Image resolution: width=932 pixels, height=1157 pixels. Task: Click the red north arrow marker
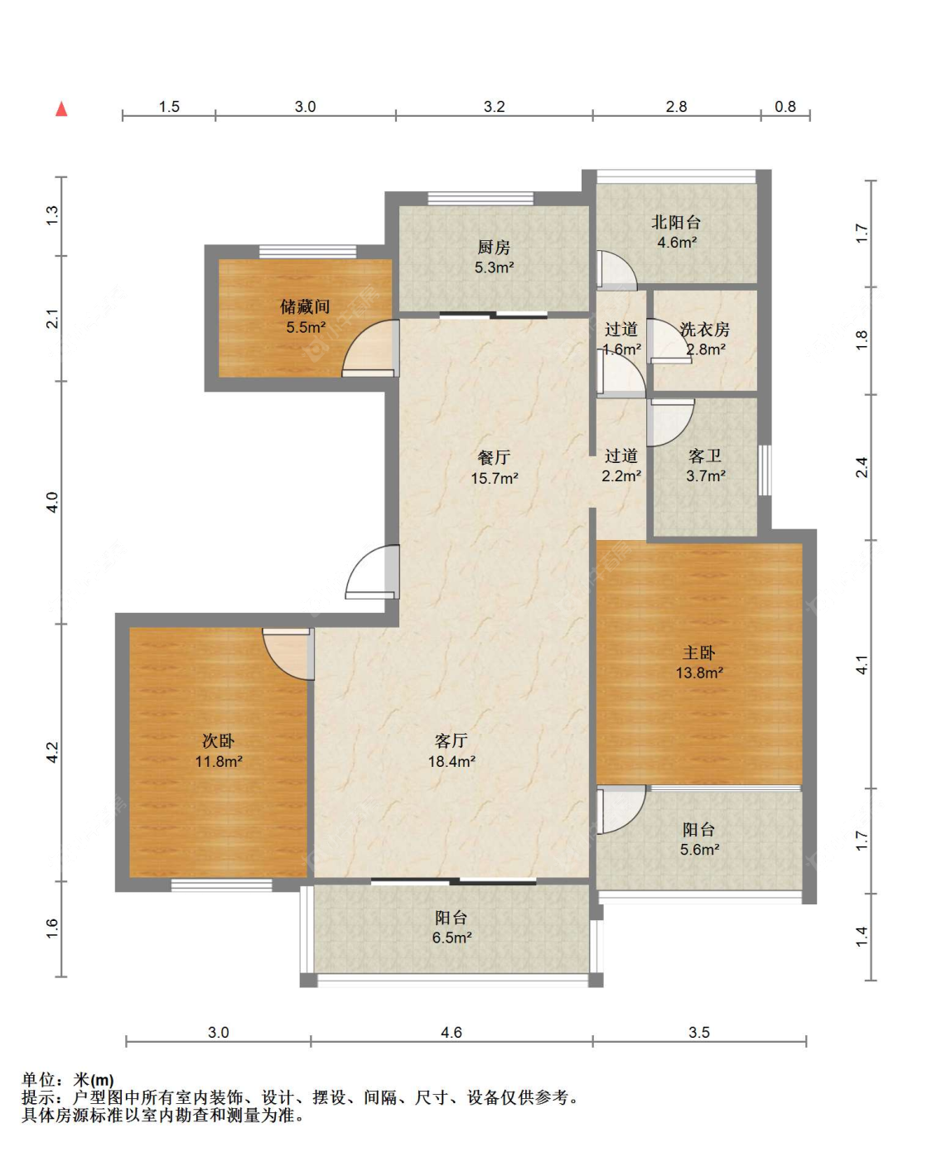tap(62, 108)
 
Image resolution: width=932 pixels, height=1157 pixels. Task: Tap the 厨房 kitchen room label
tap(493, 247)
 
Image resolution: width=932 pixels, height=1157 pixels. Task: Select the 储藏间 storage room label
tap(305, 306)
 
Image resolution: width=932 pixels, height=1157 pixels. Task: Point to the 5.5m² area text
tap(306, 327)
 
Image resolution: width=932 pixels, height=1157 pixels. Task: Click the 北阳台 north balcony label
tap(676, 222)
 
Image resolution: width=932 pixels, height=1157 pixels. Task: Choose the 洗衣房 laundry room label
tap(704, 329)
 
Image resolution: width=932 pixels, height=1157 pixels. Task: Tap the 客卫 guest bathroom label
tap(704, 456)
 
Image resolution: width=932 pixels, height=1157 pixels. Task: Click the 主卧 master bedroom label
tap(698, 652)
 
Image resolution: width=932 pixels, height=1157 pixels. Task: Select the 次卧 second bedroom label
tap(218, 741)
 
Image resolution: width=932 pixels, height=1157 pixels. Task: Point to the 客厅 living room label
tap(451, 741)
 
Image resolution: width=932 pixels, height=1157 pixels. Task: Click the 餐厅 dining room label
tap(493, 457)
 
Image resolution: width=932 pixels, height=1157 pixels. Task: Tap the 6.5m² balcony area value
tap(452, 937)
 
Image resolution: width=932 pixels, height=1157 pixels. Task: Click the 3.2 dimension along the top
tap(494, 106)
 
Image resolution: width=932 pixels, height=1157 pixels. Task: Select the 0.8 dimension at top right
tap(785, 106)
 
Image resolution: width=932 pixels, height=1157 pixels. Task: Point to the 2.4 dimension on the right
tap(862, 466)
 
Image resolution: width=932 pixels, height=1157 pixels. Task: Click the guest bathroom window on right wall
tap(764, 470)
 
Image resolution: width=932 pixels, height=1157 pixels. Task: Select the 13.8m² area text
tap(699, 672)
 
